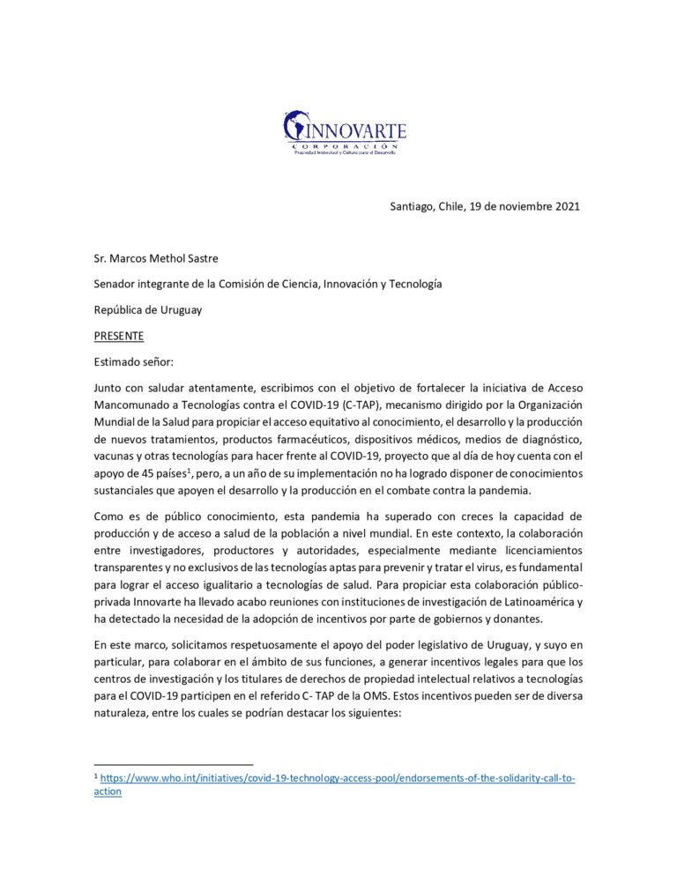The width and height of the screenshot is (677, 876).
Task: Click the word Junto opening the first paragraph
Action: click(x=109, y=389)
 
